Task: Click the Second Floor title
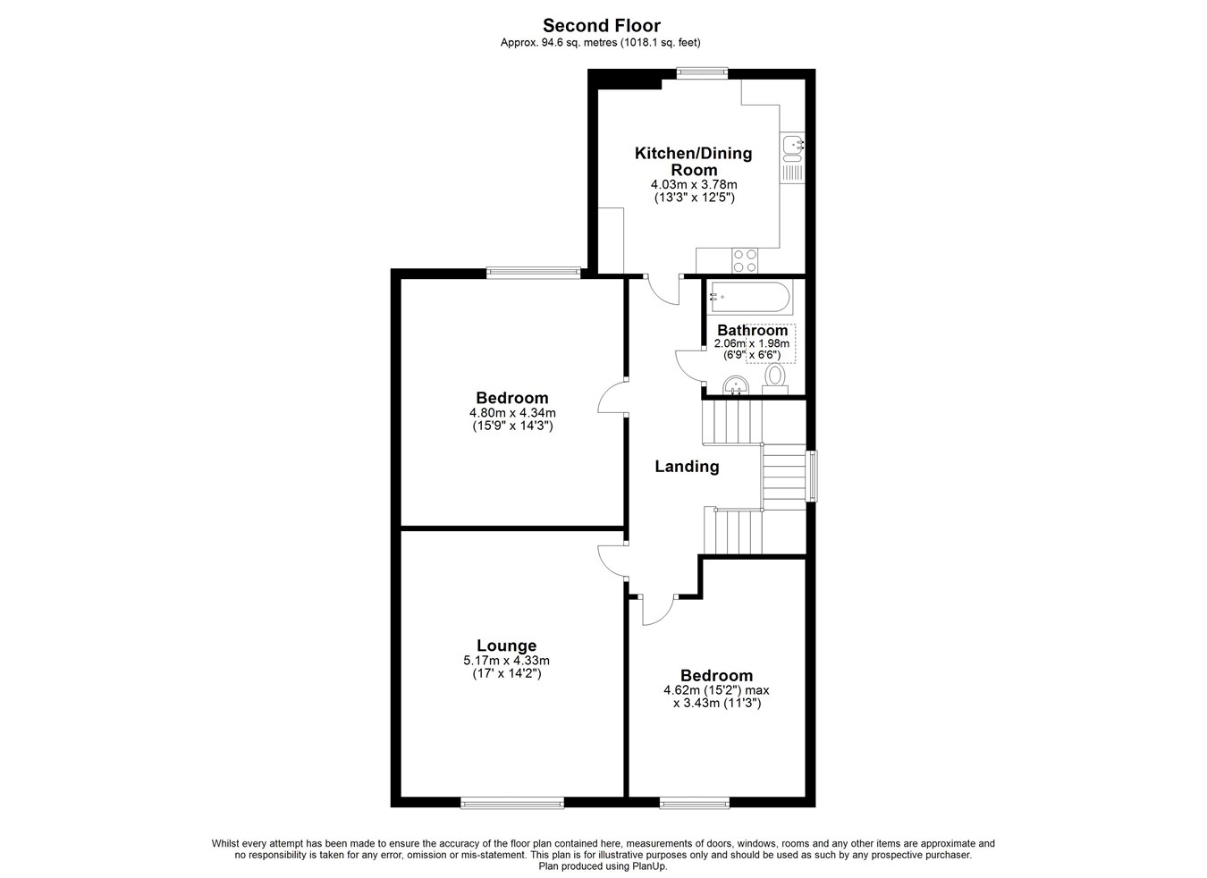click(x=602, y=25)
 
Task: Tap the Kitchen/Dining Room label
click(x=694, y=161)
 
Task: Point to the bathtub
click(x=749, y=297)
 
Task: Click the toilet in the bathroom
click(x=775, y=379)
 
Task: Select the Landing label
click(x=687, y=466)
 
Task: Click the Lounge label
click(x=507, y=646)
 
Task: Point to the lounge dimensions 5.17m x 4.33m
click(x=507, y=660)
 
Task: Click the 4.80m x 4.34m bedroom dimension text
click(x=512, y=413)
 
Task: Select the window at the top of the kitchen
click(x=703, y=73)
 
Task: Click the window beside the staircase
click(x=812, y=477)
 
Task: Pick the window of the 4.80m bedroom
click(x=534, y=274)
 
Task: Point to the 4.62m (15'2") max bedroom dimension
click(x=717, y=690)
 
